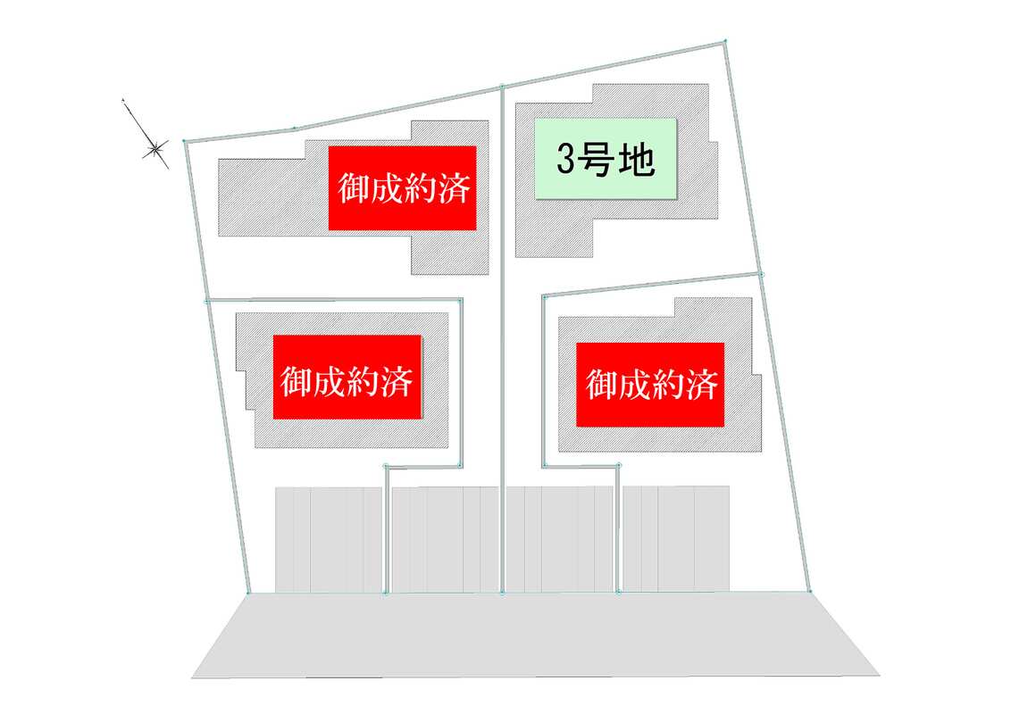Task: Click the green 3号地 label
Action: (x=606, y=159)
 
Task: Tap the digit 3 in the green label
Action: (x=565, y=159)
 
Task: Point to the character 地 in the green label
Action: (x=637, y=159)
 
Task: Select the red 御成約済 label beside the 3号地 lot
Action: (x=402, y=187)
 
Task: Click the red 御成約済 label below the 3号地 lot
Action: (x=650, y=385)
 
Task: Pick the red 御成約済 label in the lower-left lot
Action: (x=347, y=378)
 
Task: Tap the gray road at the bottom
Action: (x=535, y=635)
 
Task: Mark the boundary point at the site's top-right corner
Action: (x=725, y=41)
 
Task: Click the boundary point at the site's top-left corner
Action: (x=184, y=140)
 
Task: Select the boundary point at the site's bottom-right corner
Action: (x=810, y=591)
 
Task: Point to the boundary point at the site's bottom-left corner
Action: (x=248, y=593)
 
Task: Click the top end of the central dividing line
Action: (x=502, y=86)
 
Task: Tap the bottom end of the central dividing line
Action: (x=502, y=593)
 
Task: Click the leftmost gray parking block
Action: (x=329, y=539)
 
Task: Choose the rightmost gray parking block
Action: (x=676, y=539)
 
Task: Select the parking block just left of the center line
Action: (x=446, y=539)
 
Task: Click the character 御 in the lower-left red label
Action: (x=297, y=379)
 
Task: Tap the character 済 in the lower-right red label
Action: (x=701, y=386)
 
